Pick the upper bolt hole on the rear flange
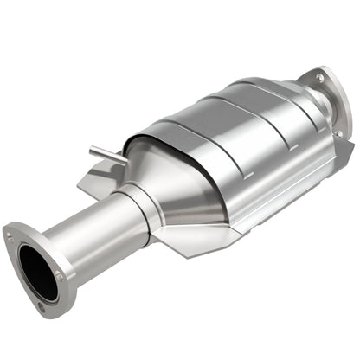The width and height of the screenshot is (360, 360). [319, 78]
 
